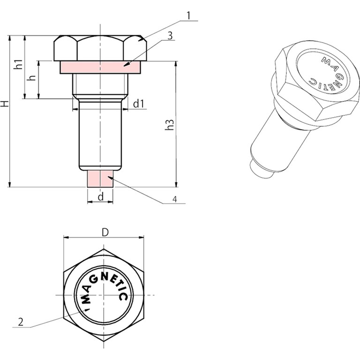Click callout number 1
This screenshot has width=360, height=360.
[188, 15]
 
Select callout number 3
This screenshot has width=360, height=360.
[170, 36]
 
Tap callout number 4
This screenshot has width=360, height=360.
[175, 199]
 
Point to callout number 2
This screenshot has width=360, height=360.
[21, 322]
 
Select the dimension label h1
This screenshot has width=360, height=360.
[19, 65]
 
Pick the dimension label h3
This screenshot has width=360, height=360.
[169, 125]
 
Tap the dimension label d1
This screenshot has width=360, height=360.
[138, 104]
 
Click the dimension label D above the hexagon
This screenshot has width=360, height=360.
[105, 232]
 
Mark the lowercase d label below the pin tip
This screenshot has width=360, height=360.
[101, 196]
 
